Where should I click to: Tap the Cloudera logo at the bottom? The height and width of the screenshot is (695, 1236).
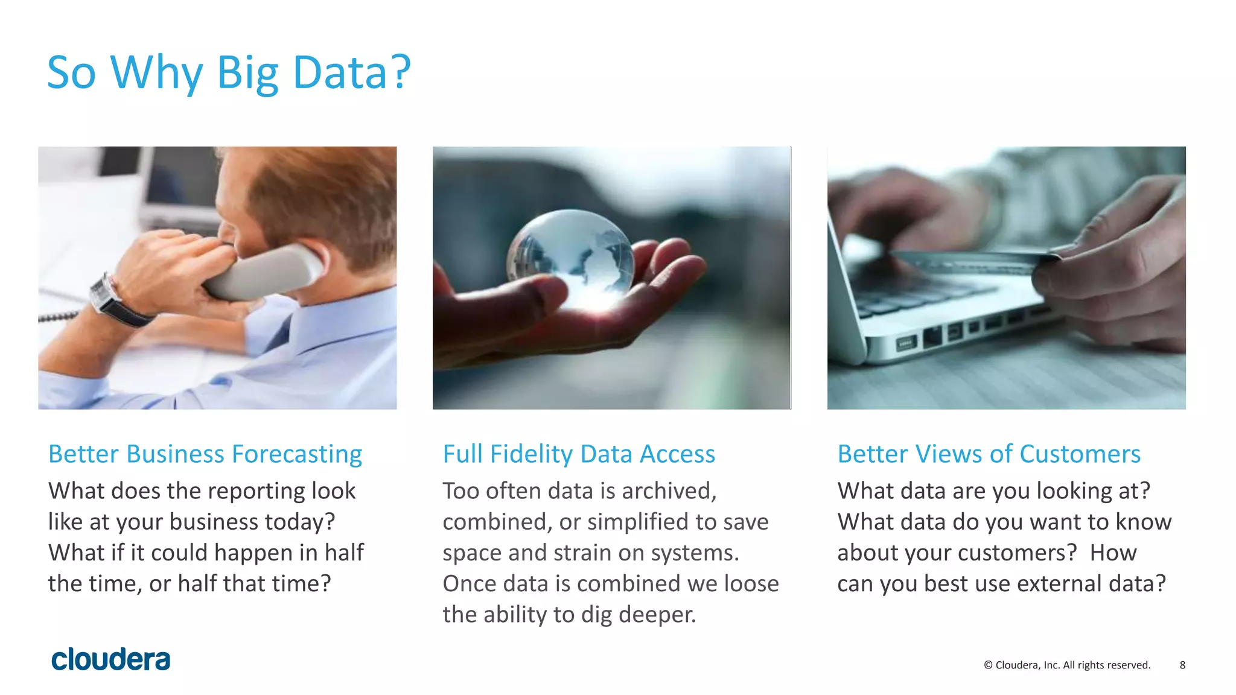tap(110, 659)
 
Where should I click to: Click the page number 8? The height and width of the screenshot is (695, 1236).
tap(1182, 665)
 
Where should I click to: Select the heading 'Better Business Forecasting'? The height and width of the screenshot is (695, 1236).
tap(205, 454)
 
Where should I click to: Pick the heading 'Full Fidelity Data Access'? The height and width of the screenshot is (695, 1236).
tap(579, 454)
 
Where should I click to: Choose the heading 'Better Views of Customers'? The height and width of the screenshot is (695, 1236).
tap(989, 454)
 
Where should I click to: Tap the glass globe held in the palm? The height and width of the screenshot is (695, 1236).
tap(570, 253)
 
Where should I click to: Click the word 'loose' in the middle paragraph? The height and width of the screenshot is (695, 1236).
tap(751, 583)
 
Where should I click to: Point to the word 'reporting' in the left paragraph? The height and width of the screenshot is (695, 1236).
tap(254, 491)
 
